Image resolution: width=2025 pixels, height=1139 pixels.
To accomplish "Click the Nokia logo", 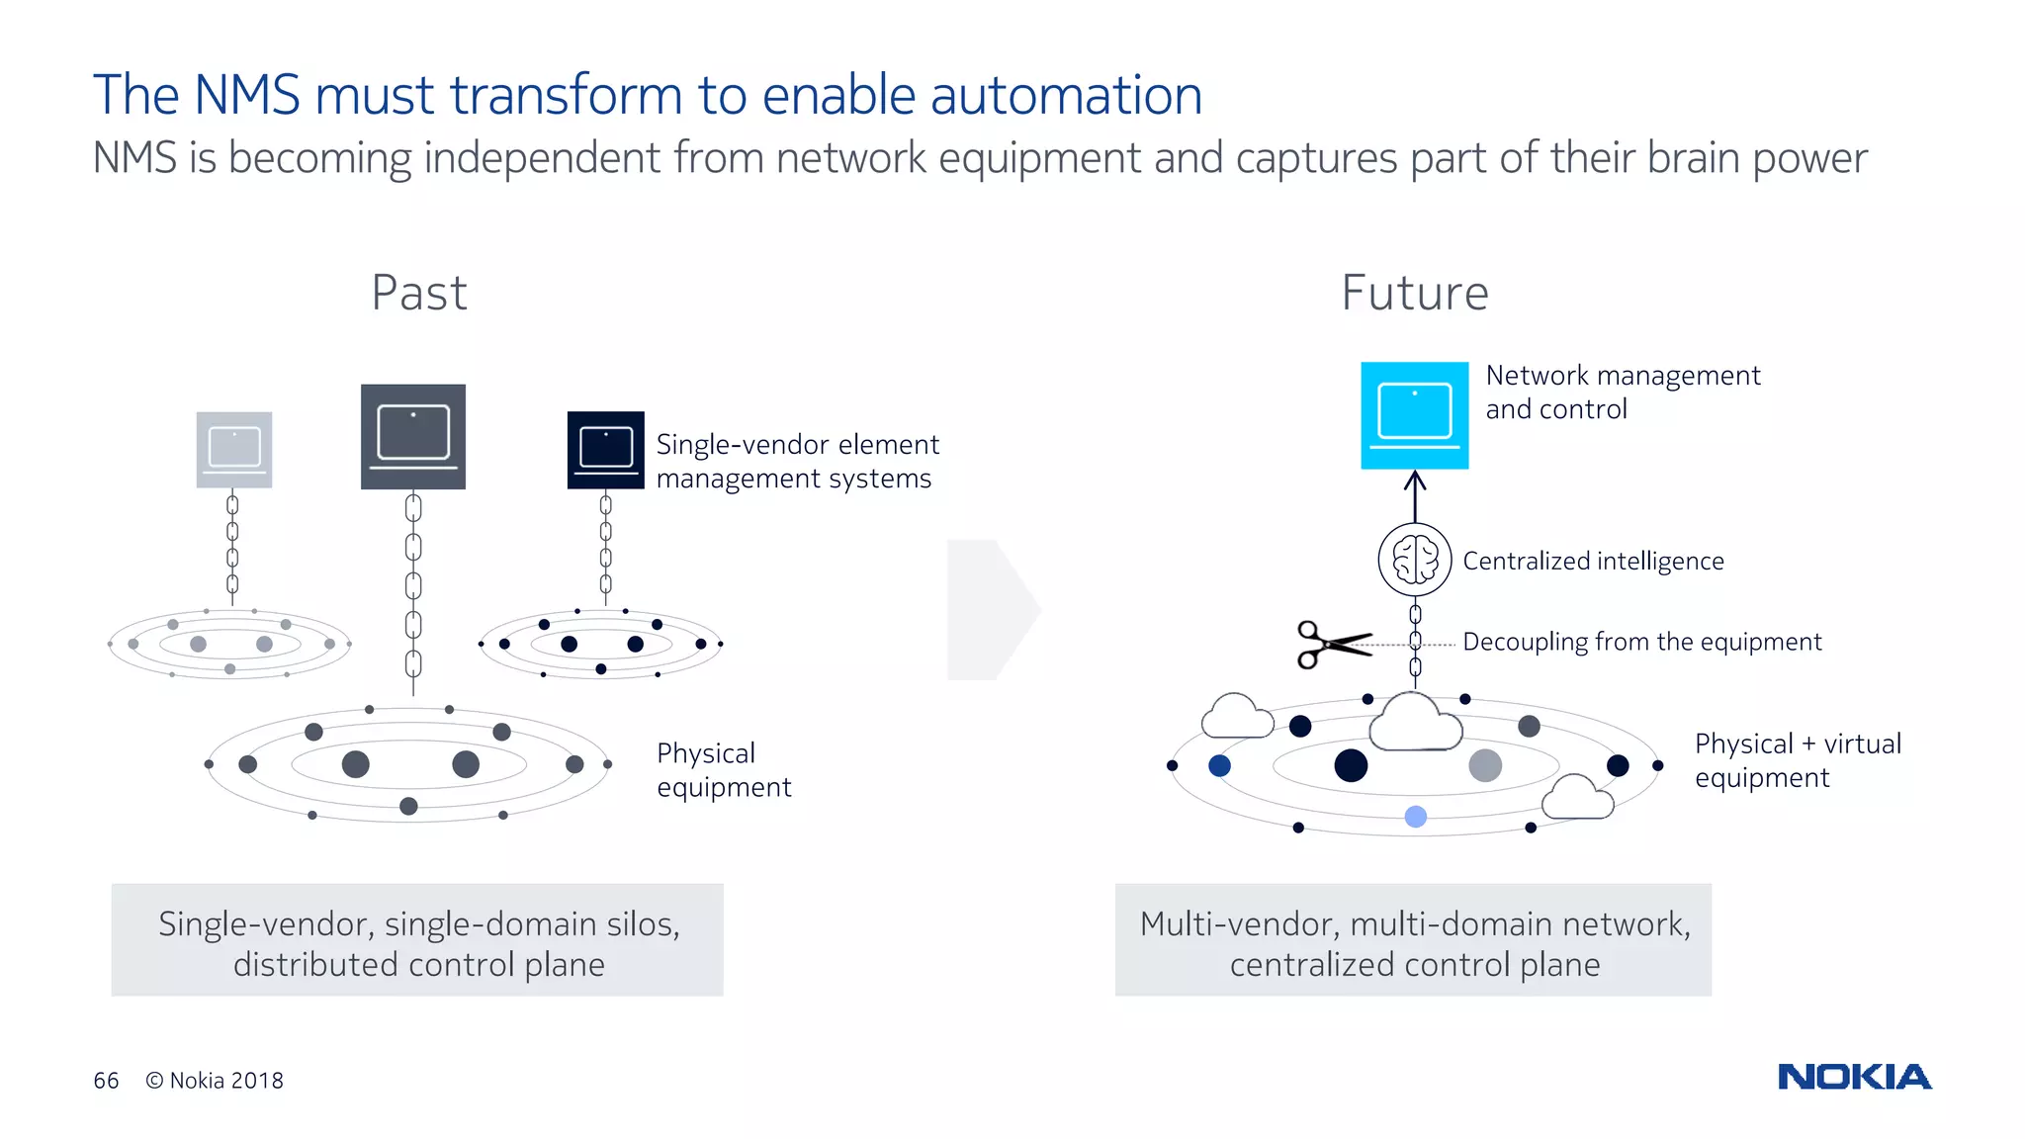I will point(1854,1077).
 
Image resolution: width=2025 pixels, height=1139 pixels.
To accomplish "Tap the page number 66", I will point(106,1081).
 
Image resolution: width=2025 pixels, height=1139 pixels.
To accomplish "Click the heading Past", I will point(419,293).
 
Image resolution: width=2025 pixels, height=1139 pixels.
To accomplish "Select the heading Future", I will point(1415,293).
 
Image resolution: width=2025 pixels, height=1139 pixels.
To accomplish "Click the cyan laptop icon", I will point(1414,415).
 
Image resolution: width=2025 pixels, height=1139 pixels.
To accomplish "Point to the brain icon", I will point(1415,560).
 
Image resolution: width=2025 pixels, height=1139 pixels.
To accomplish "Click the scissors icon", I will point(1332,645).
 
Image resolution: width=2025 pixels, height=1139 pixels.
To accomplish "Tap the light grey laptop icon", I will point(234,450).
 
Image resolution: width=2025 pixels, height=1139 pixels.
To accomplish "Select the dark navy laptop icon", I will point(605,450).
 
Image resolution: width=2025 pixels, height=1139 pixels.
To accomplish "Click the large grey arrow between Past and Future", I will point(991,610).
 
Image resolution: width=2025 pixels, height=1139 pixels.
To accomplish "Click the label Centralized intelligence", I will point(1593,561).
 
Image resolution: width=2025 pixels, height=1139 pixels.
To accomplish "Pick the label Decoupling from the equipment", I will point(1641,642).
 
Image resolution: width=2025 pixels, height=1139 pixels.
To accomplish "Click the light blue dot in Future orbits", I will point(1416,817).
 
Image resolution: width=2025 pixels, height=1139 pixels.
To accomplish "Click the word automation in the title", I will point(1066,96).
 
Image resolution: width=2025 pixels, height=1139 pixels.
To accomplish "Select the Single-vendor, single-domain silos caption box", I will point(417,940).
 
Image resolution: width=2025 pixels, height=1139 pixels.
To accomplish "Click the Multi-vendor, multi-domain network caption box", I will point(1413,940).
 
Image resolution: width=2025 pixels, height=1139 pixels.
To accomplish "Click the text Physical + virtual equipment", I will point(1797,760).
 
